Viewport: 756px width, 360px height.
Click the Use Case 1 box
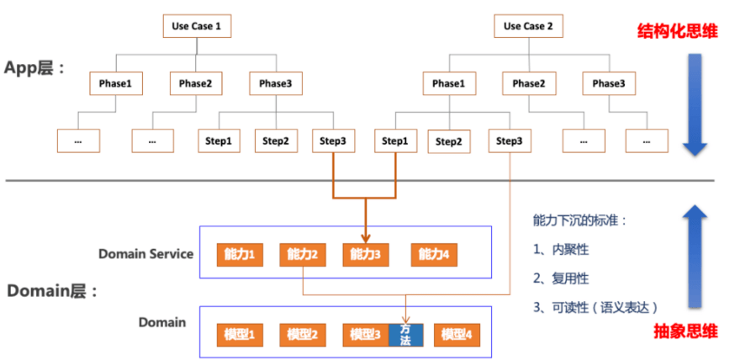point(196,26)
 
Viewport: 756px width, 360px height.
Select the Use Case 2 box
point(528,26)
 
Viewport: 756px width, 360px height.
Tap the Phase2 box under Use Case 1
point(195,83)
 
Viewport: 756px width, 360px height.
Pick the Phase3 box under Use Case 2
point(608,83)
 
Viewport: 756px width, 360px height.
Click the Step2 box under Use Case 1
point(276,140)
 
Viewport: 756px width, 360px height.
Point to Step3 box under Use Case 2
point(509,140)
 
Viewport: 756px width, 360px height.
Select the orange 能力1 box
point(240,254)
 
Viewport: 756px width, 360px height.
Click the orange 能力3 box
point(363,254)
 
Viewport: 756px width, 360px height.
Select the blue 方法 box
point(405,334)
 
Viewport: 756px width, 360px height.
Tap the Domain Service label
point(145,254)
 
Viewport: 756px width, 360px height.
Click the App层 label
point(34,69)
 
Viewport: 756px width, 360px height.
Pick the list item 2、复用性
point(562,277)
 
